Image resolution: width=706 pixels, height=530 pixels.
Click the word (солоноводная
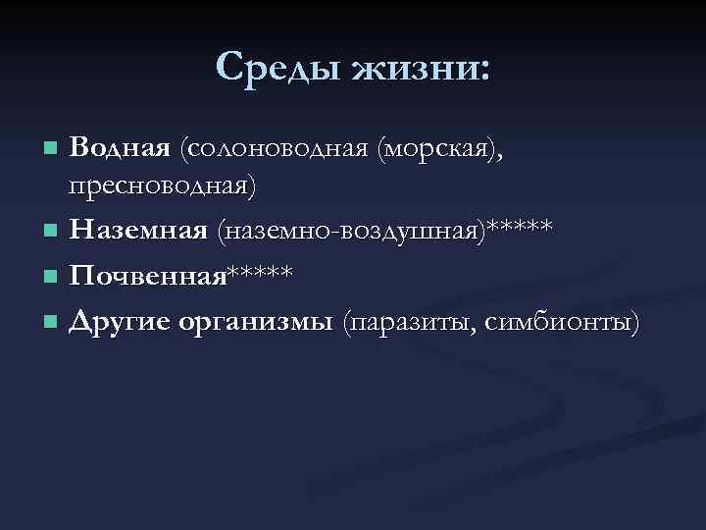pos(272,148)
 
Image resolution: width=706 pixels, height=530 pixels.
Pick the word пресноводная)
pos(163,185)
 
